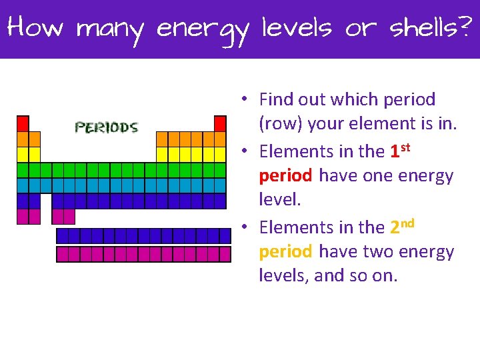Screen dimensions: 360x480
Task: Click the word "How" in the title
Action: pyautogui.click(x=35, y=28)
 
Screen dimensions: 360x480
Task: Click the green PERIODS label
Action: pyautogui.click(x=107, y=127)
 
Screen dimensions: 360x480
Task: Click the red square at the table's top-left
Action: pyautogui.click(x=23, y=123)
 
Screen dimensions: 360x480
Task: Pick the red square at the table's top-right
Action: pyautogui.click(x=220, y=123)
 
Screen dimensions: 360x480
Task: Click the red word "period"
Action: pyautogui.click(x=285, y=176)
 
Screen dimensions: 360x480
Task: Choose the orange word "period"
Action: pyautogui.click(x=285, y=252)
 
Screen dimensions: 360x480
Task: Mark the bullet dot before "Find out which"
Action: pyautogui.click(x=245, y=99)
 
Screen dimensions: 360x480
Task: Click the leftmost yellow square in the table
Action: pyautogui.click(x=23, y=154)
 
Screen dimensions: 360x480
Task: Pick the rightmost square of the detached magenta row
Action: pyautogui.click(x=225, y=254)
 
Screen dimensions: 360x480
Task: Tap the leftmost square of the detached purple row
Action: pyautogui.click(x=63, y=235)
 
